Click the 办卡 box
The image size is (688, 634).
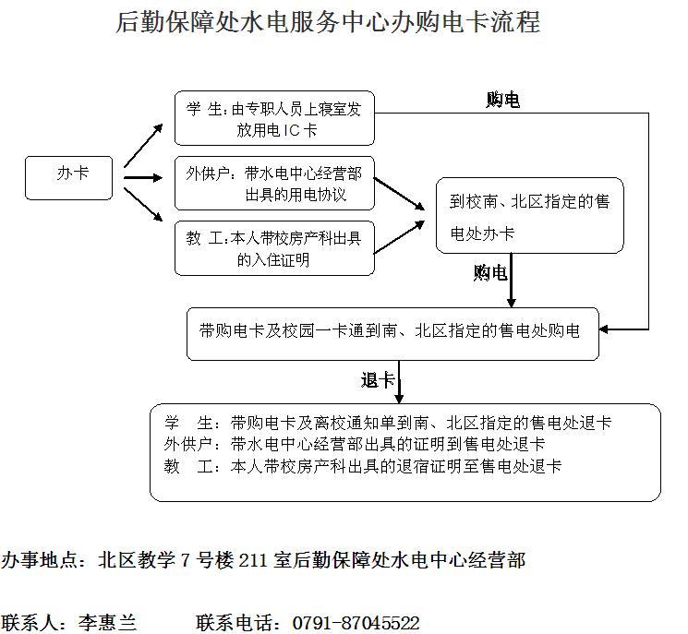(x=69, y=177)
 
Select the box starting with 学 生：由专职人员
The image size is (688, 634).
(x=274, y=118)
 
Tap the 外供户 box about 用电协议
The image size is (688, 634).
(x=274, y=184)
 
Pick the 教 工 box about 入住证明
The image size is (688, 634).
(x=274, y=248)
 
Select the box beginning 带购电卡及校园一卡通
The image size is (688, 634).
(x=392, y=332)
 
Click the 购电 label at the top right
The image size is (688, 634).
(x=502, y=100)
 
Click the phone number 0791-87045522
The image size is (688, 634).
(x=356, y=623)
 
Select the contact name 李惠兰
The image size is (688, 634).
(x=107, y=623)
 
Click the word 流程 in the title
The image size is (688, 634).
(x=517, y=21)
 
